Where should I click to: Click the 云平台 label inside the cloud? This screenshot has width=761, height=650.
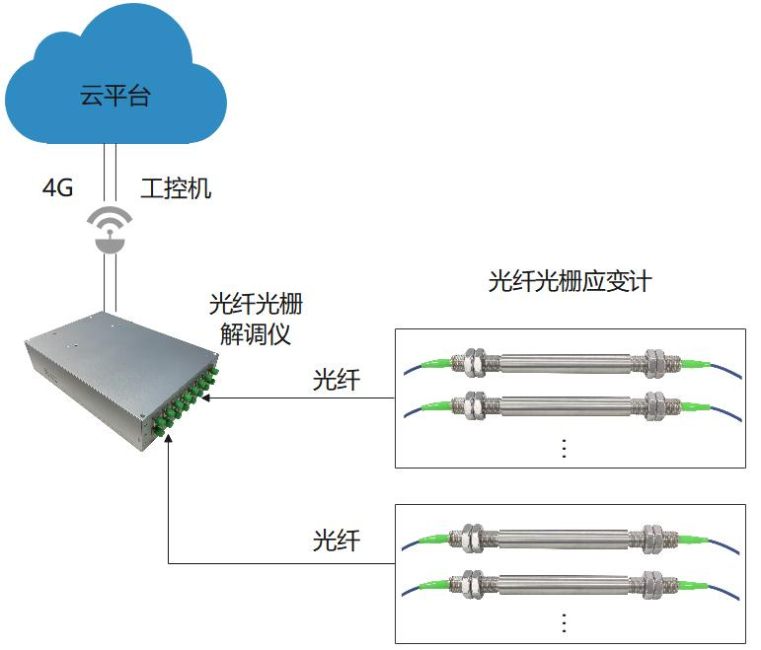[116, 97]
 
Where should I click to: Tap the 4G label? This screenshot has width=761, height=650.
[57, 188]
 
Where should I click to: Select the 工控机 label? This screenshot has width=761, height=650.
[176, 188]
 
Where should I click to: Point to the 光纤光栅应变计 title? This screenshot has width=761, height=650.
[570, 281]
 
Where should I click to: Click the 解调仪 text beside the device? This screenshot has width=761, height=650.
[255, 333]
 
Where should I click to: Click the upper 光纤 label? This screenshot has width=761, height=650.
[337, 381]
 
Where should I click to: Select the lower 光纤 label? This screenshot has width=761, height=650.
[337, 541]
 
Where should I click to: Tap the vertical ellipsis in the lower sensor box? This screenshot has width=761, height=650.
[564, 623]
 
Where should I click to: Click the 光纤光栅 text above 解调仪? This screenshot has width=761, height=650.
[255, 303]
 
